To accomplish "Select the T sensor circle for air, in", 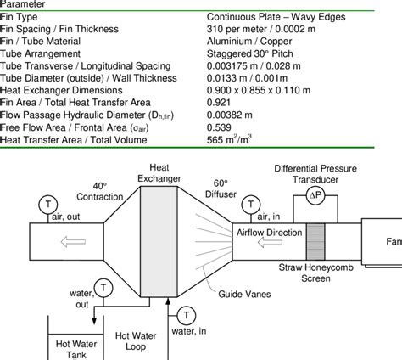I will [251, 204].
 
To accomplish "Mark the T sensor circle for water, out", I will [101, 286].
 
